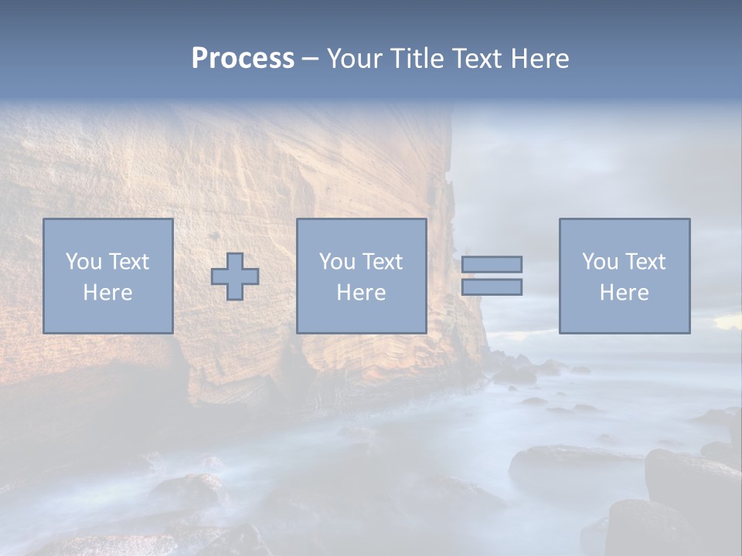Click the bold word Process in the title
pos(243,59)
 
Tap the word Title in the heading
pos(415,59)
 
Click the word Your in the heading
pos(355,59)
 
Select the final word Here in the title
pos(539,59)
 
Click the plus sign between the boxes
pos(235,276)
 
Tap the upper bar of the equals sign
pos(492,264)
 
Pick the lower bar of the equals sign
pos(492,286)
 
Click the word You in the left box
pos(83,262)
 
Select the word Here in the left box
pos(107,293)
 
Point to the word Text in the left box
pos(128,262)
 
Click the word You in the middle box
pos(337,262)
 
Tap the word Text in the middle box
pos(381,262)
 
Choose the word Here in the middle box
pos(361,293)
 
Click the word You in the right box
pos(600,262)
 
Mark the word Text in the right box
pos(644,262)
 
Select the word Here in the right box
pos(624,293)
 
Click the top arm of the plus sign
pos(235,261)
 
